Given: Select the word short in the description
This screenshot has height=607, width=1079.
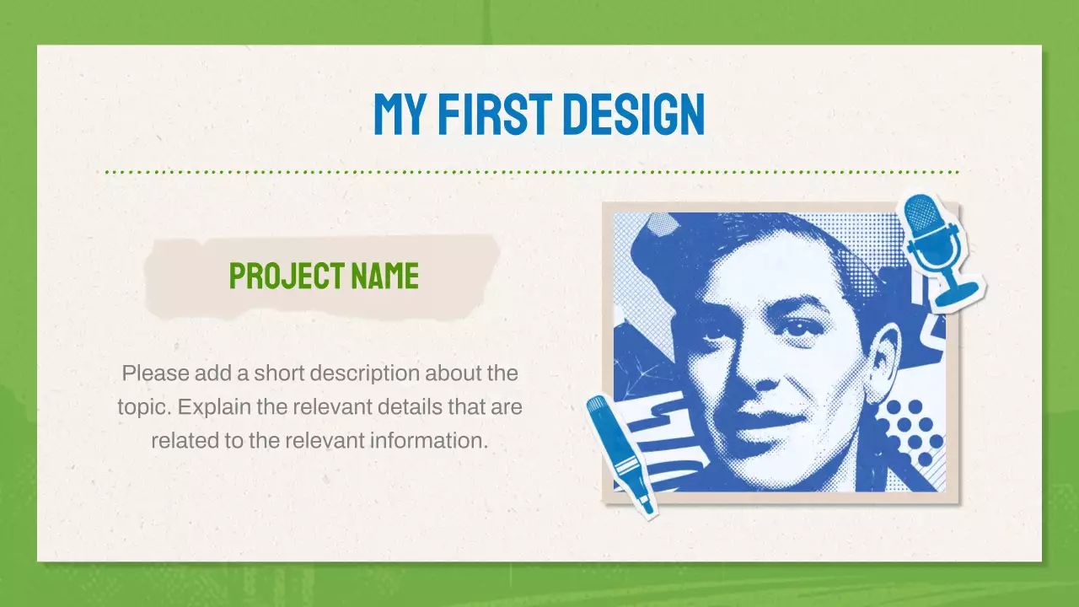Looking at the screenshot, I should coord(278,373).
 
